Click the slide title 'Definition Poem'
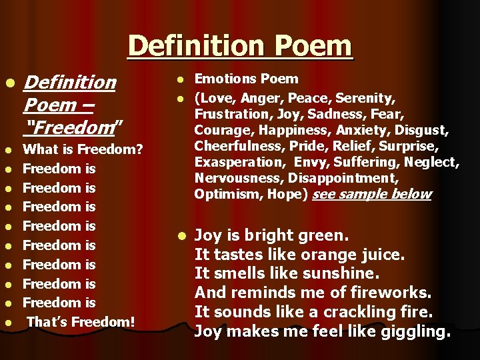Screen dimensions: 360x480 [x=239, y=45]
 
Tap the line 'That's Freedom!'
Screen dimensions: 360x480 [x=81, y=322]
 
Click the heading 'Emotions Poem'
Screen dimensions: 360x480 [x=246, y=79]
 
